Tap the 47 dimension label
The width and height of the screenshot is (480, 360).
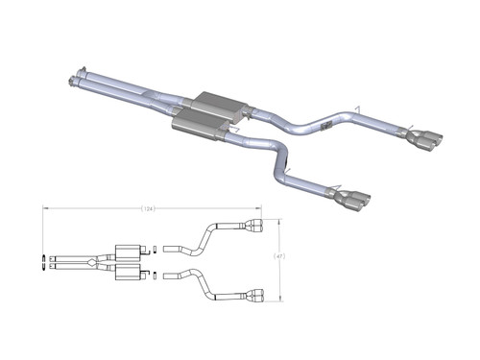279,256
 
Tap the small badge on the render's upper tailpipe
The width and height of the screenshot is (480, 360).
326,126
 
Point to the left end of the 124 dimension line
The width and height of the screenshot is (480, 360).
42,208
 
